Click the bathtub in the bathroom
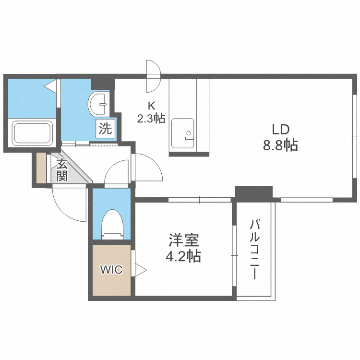(x=32, y=133)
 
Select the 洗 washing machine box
(x=106, y=128)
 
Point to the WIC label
(x=111, y=270)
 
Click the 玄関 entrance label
(x=62, y=170)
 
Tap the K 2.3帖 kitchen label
(x=151, y=112)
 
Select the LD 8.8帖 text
(x=280, y=137)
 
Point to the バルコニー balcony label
(x=255, y=250)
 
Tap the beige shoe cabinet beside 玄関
(x=41, y=168)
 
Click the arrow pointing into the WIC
(x=140, y=270)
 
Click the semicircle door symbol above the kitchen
(x=153, y=76)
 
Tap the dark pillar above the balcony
(x=253, y=192)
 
